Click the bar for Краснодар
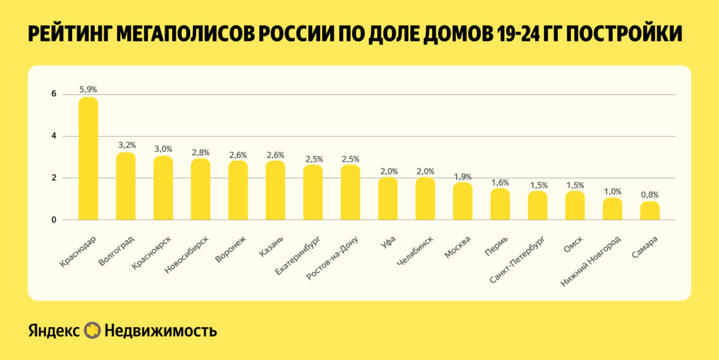click(x=88, y=159)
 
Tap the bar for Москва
click(x=463, y=201)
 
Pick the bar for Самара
click(x=650, y=211)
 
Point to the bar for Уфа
click(x=388, y=199)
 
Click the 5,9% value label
click(x=88, y=89)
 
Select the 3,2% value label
click(x=125, y=145)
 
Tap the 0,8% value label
click(x=650, y=195)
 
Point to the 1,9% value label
click(x=463, y=176)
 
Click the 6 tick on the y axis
click(x=54, y=94)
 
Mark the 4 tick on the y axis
click(x=54, y=136)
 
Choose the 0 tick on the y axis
click(x=54, y=220)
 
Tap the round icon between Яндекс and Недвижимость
click(x=92, y=331)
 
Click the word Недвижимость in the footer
click(x=161, y=331)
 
